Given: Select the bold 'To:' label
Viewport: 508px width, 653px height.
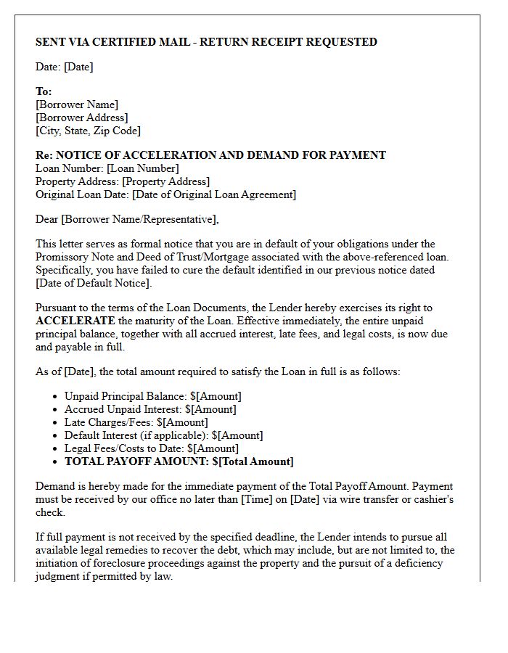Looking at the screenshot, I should click(44, 92).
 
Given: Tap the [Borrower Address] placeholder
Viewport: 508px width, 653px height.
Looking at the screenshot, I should click(81, 118).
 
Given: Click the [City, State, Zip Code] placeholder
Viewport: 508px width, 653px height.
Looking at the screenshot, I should click(88, 131).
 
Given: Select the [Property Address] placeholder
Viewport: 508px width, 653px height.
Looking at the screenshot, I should click(165, 181).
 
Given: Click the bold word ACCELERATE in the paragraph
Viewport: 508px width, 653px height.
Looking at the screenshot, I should click(75, 321).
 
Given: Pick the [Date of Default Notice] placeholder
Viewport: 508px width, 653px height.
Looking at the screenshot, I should click(93, 283).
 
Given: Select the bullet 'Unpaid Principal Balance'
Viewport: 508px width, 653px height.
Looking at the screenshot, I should click(152, 396).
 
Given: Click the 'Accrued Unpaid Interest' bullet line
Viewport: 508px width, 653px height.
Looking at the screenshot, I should click(150, 409).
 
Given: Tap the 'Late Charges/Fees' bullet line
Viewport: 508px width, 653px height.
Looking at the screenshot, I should click(136, 422).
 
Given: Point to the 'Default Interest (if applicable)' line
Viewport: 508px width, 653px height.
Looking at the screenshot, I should click(163, 435).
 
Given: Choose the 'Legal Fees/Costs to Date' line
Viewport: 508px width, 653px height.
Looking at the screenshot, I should click(151, 448).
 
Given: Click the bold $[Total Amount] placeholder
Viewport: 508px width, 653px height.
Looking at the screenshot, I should click(253, 461).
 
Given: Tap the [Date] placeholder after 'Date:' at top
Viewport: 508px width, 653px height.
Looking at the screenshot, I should click(78, 67).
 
